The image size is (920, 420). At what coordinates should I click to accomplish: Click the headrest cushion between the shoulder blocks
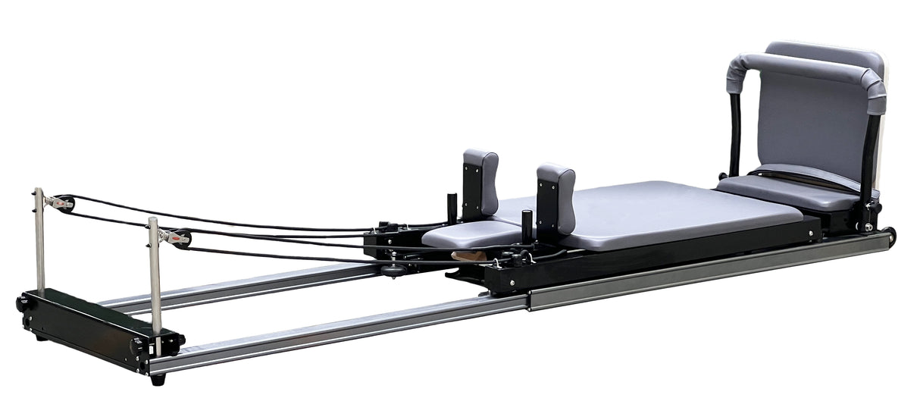(x=455, y=234)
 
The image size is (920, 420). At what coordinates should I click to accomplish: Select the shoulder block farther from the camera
(x=480, y=180)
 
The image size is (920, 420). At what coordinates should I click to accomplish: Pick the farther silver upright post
(x=39, y=238)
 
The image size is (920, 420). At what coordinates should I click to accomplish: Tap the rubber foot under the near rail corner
(x=158, y=378)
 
